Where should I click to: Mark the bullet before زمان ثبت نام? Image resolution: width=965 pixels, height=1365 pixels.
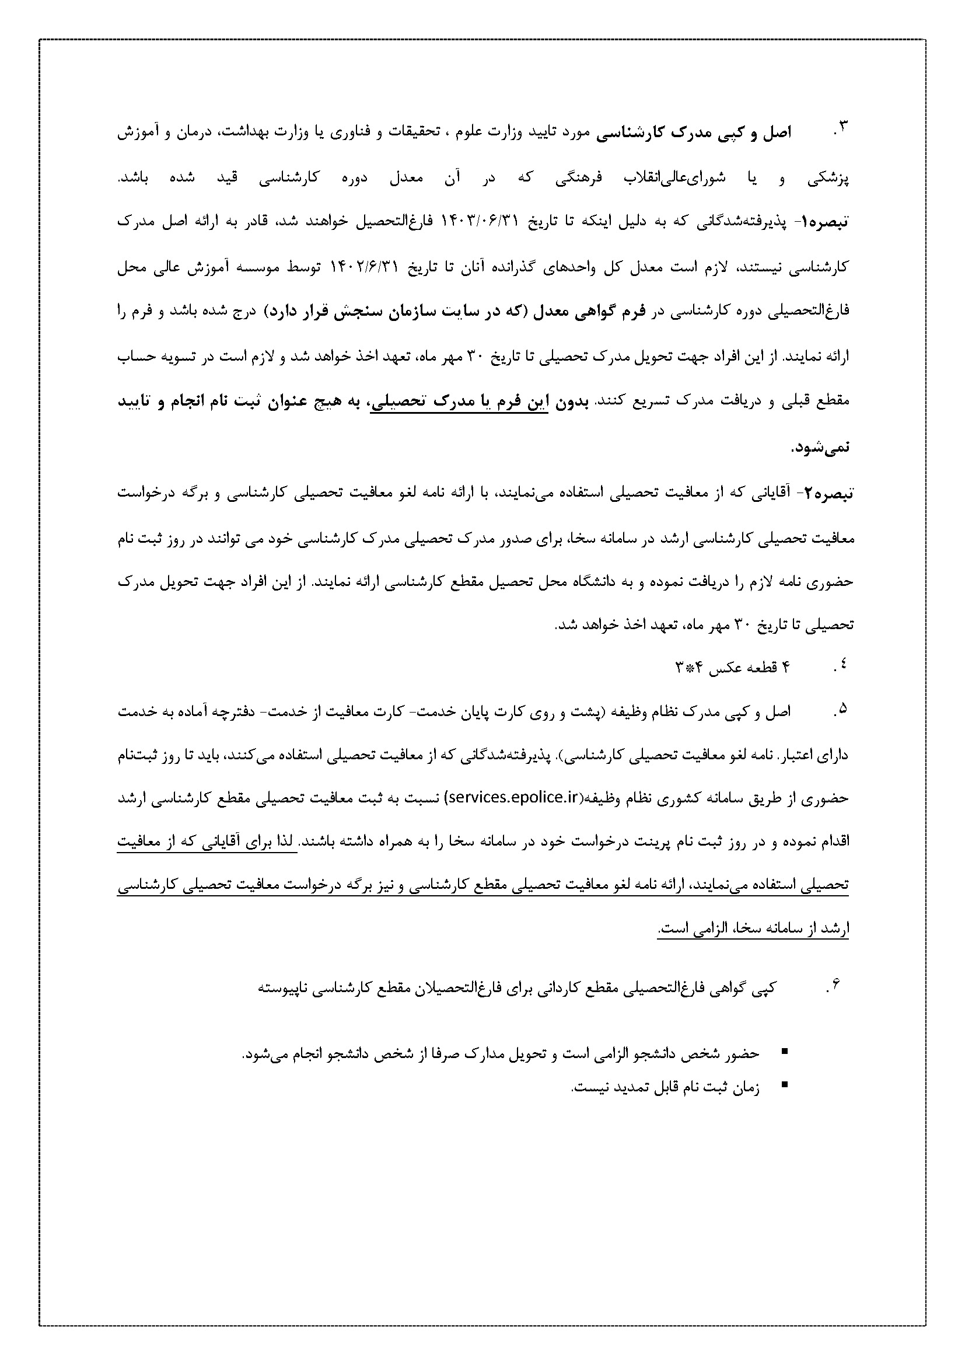(x=784, y=1085)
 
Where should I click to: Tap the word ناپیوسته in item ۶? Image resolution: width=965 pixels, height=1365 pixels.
(x=282, y=989)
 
